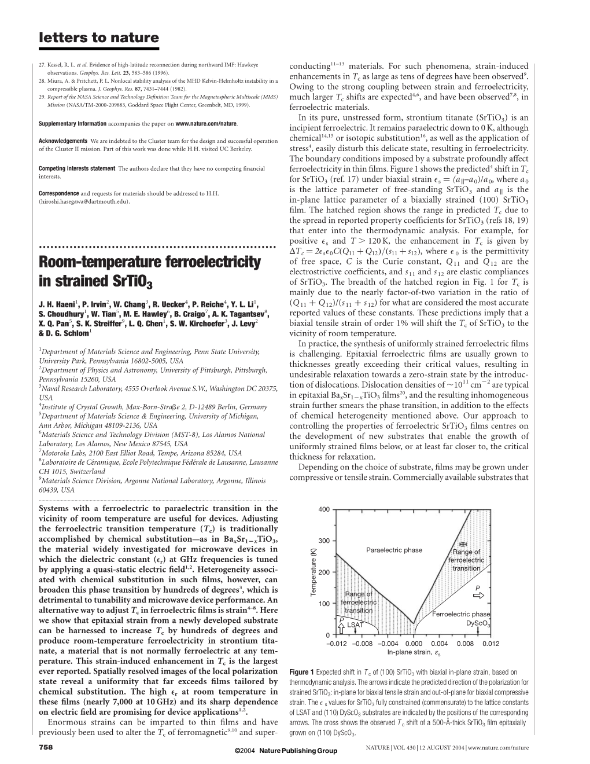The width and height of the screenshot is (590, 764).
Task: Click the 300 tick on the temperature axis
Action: [x=323, y=541]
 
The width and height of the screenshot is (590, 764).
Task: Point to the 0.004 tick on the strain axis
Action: [x=439, y=644]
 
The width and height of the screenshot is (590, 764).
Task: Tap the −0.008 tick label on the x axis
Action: [x=363, y=644]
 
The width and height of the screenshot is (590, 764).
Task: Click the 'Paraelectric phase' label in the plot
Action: [x=394, y=550]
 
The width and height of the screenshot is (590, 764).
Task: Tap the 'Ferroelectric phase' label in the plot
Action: [x=461, y=614]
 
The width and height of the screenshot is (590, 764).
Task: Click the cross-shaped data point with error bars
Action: [x=462, y=544]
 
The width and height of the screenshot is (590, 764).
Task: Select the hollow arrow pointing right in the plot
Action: [x=481, y=596]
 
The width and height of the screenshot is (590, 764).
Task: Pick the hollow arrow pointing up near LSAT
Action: [x=342, y=626]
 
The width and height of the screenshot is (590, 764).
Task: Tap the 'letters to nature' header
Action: [x=98, y=38]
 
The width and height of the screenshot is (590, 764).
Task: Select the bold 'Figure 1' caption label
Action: [x=301, y=672]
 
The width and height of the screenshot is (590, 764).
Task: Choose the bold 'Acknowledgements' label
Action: [x=63, y=141]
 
